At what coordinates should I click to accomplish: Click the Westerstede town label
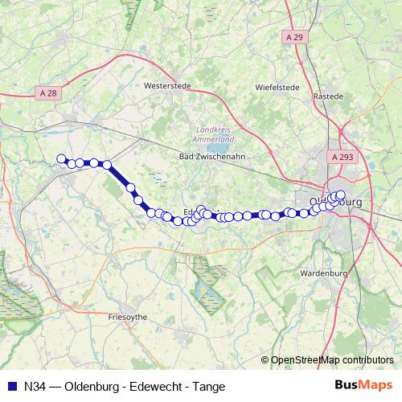point(166,84)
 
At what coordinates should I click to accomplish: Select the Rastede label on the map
point(328,96)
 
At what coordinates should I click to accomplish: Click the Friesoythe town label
point(127,318)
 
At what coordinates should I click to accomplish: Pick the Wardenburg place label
point(321,273)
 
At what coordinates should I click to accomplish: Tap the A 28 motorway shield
point(48,93)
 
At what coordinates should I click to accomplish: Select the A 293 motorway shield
point(342,158)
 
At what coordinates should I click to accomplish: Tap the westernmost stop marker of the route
point(60,158)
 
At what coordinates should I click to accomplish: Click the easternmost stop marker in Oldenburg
point(341,195)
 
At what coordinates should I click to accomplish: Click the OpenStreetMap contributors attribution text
point(332,359)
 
